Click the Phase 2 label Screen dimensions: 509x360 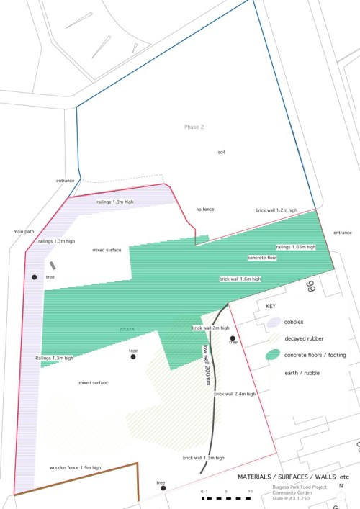pos(194,127)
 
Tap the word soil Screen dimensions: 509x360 pos(222,153)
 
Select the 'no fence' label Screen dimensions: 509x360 pos(205,210)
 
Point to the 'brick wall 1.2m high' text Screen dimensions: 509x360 pos(276,210)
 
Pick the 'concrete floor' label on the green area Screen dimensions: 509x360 pos(262,257)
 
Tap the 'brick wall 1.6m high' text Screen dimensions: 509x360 pos(240,278)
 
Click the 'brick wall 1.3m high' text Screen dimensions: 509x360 pos(203,458)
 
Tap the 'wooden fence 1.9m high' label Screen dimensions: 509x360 pos(75,468)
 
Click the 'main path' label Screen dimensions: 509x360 pos(24,232)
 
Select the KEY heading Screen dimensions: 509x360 pos(271,306)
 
